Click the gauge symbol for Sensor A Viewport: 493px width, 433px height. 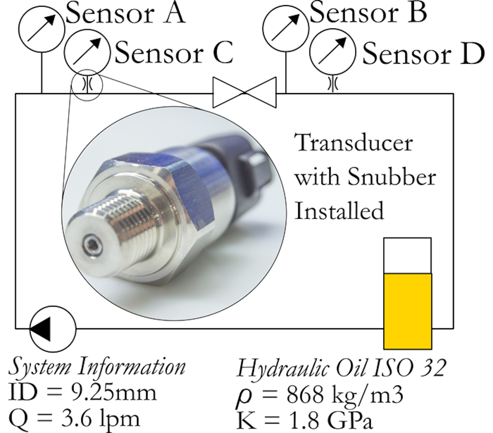coord(41,29)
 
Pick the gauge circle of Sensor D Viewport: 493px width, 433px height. coord(333,52)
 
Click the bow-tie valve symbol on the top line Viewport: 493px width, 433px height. coord(244,92)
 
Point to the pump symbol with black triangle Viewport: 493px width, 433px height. coord(53,329)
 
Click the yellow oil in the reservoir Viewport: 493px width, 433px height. coord(407,310)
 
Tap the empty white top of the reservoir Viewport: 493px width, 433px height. coord(407,255)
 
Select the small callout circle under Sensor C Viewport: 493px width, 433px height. coord(87,85)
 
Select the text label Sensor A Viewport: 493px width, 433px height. coord(125,14)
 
